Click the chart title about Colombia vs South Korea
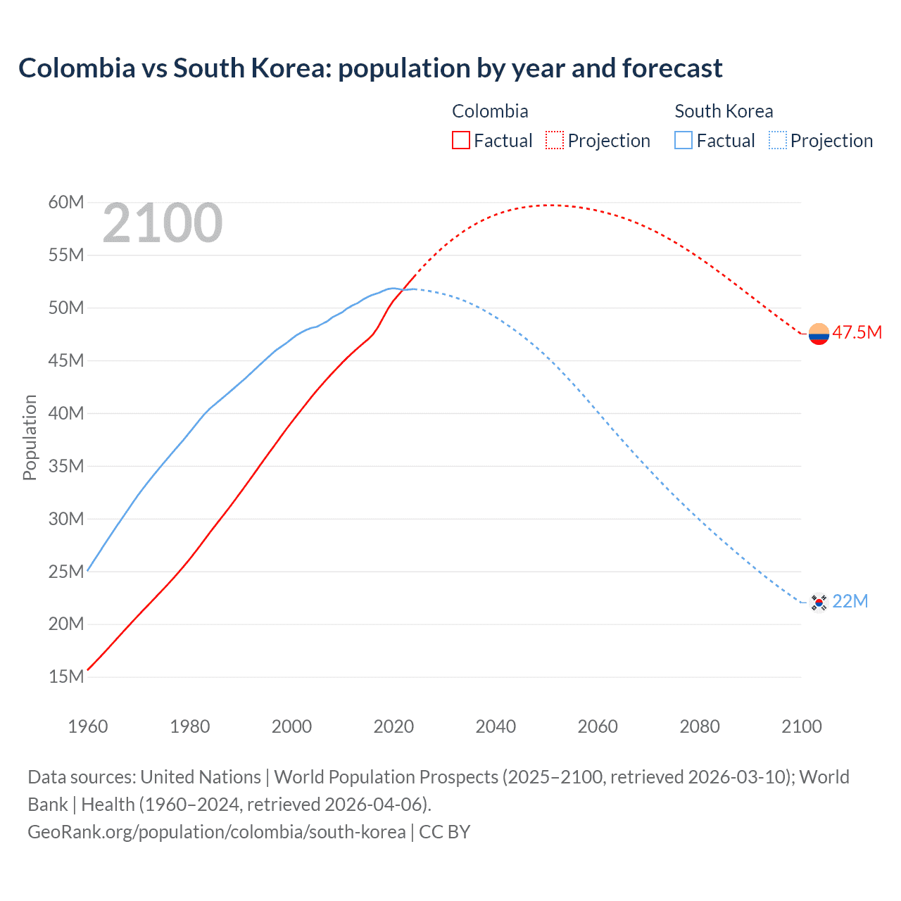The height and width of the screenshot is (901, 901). pyautogui.click(x=370, y=68)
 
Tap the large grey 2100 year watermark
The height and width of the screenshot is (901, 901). pyautogui.click(x=163, y=223)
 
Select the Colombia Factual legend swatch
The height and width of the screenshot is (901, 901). pyautogui.click(x=460, y=140)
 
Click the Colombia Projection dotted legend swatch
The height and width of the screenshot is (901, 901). pyautogui.click(x=555, y=140)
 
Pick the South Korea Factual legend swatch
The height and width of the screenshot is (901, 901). pyautogui.click(x=683, y=140)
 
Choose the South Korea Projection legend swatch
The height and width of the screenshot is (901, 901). pyautogui.click(x=777, y=140)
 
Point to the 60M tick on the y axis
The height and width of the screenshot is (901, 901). pyautogui.click(x=66, y=203)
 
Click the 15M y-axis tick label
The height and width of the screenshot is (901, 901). pyautogui.click(x=66, y=677)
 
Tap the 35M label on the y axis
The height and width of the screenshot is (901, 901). pyautogui.click(x=66, y=466)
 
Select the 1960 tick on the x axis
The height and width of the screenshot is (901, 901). pyautogui.click(x=88, y=726)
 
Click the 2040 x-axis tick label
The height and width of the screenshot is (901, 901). pyautogui.click(x=496, y=726)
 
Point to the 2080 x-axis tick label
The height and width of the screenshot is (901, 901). pyautogui.click(x=700, y=726)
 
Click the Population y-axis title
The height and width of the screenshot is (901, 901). pyautogui.click(x=30, y=437)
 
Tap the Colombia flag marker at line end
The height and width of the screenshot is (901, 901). pyautogui.click(x=819, y=334)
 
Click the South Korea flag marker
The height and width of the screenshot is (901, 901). pyautogui.click(x=819, y=603)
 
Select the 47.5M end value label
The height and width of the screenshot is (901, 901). pyautogui.click(x=857, y=332)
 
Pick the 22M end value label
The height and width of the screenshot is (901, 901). pyautogui.click(x=850, y=601)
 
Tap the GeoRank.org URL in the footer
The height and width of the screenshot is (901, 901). pyautogui.click(x=217, y=831)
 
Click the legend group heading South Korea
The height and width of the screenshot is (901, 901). pyautogui.click(x=724, y=111)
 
